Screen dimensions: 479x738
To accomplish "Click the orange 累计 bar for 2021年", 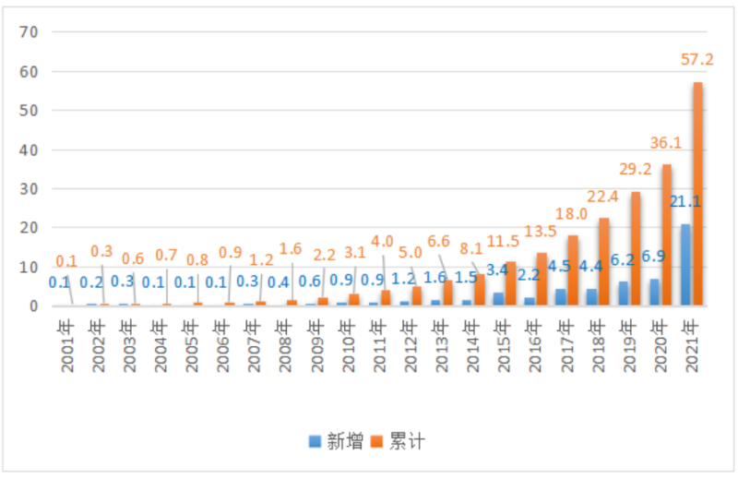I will [697, 194].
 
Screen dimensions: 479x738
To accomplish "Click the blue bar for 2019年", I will [623, 293].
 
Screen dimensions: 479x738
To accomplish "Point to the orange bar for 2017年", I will [573, 270].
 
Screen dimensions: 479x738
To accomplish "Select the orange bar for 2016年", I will [542, 279].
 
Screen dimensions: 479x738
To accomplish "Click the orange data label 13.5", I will [539, 231].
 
